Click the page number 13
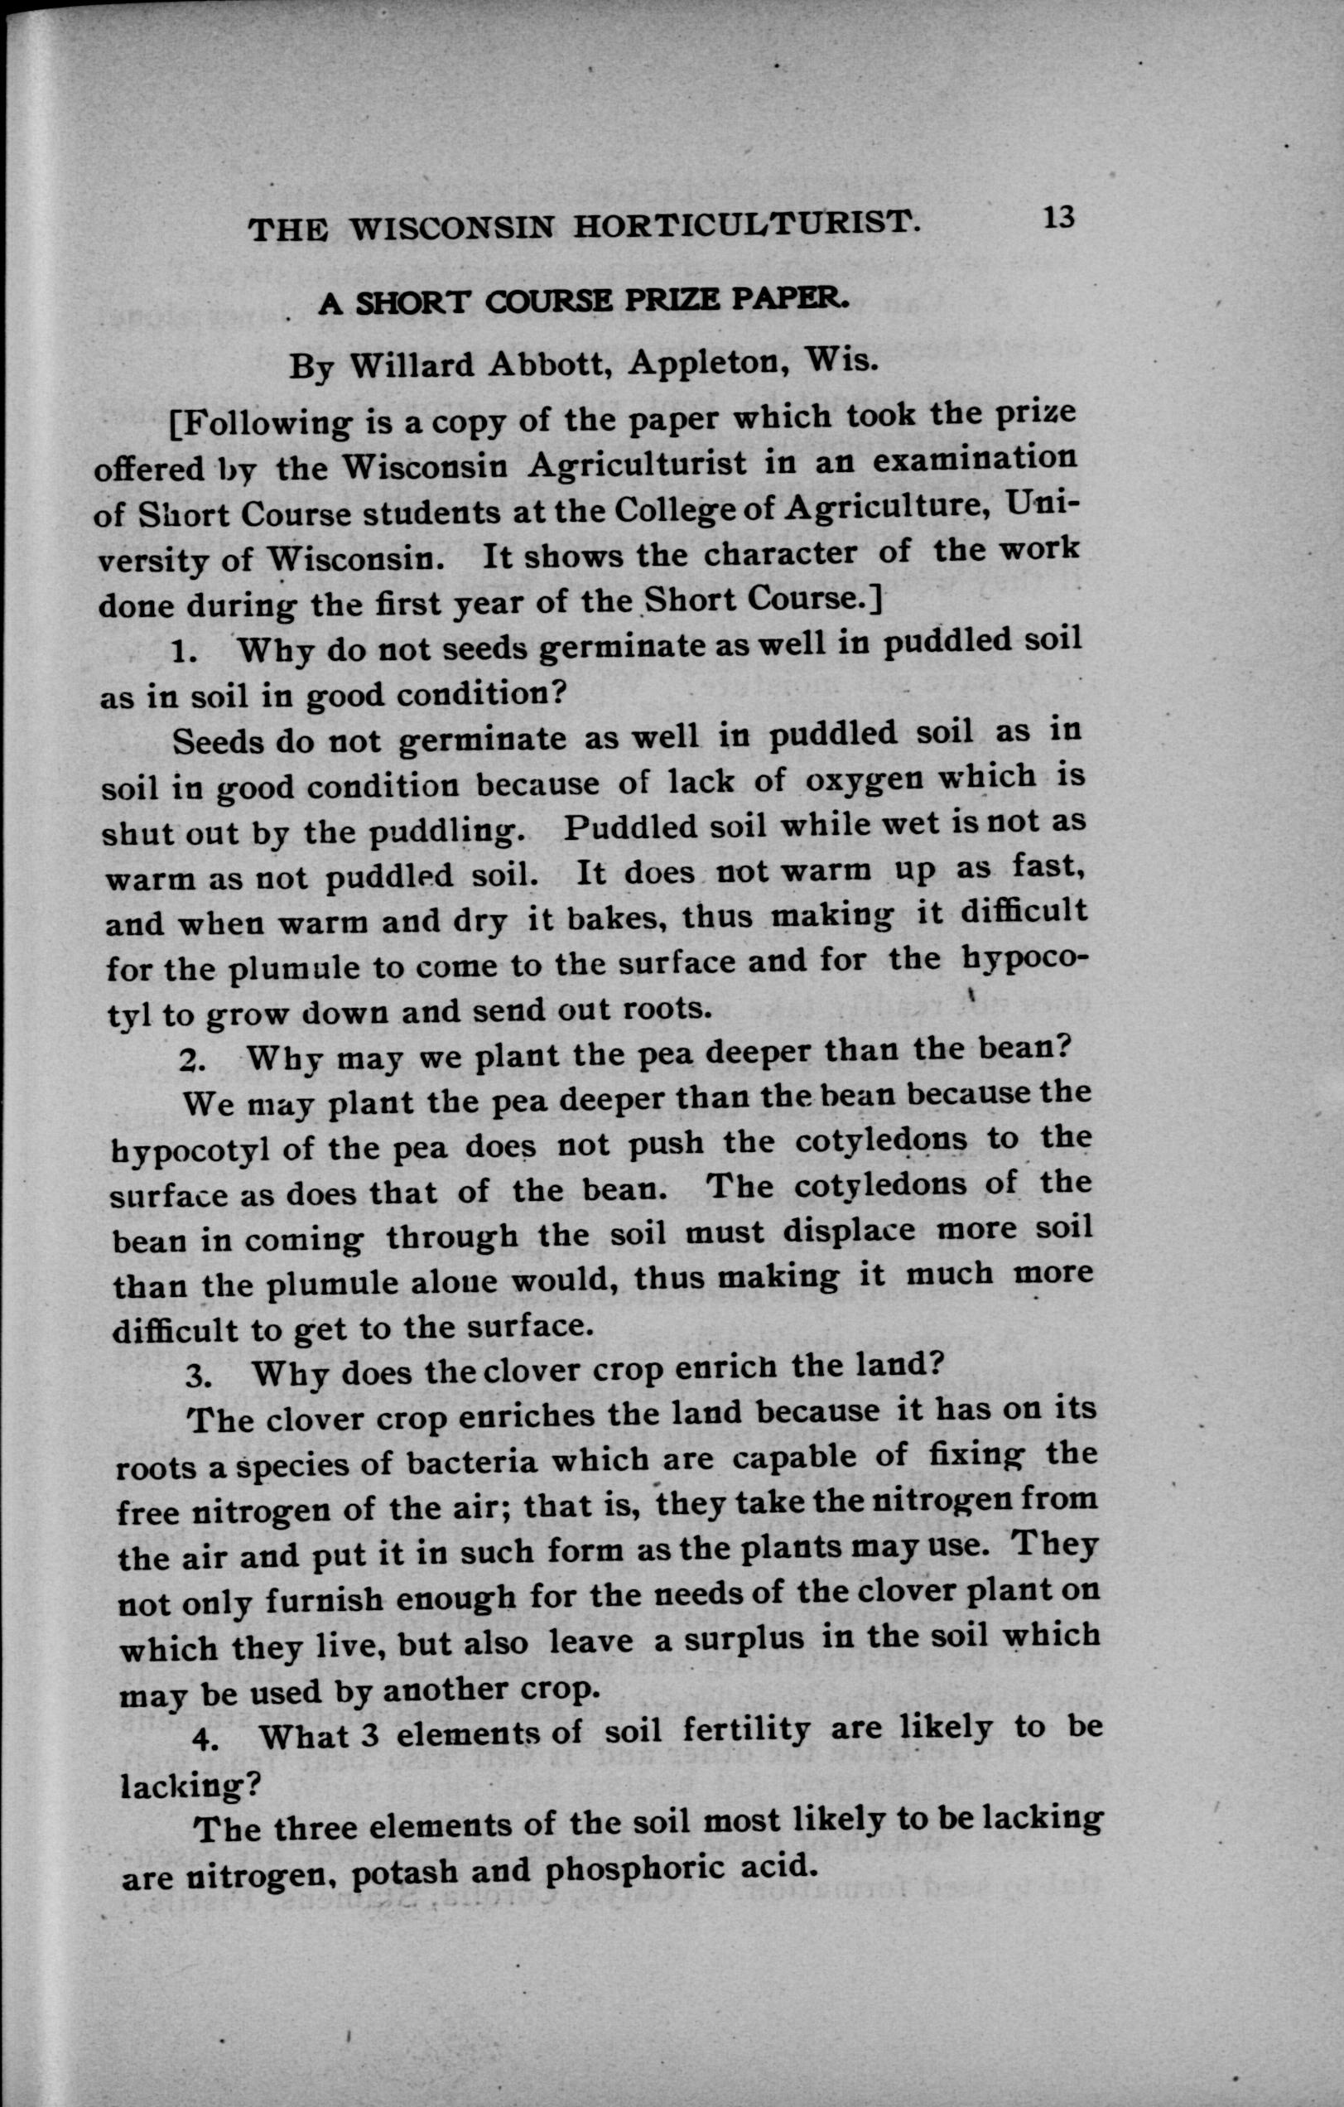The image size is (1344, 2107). [x=1057, y=217]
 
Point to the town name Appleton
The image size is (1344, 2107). [x=710, y=361]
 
